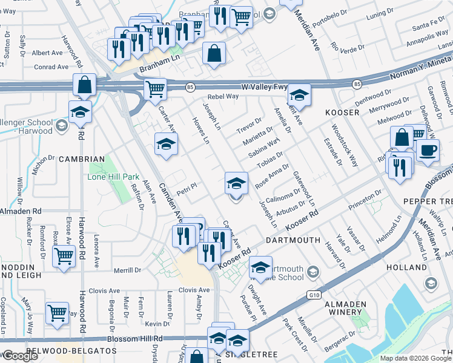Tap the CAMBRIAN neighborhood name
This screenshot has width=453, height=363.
(82, 159)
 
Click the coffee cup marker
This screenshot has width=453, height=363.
(428, 150)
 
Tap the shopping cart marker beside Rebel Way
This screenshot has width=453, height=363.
(156, 89)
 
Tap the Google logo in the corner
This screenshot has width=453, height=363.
(20, 356)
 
